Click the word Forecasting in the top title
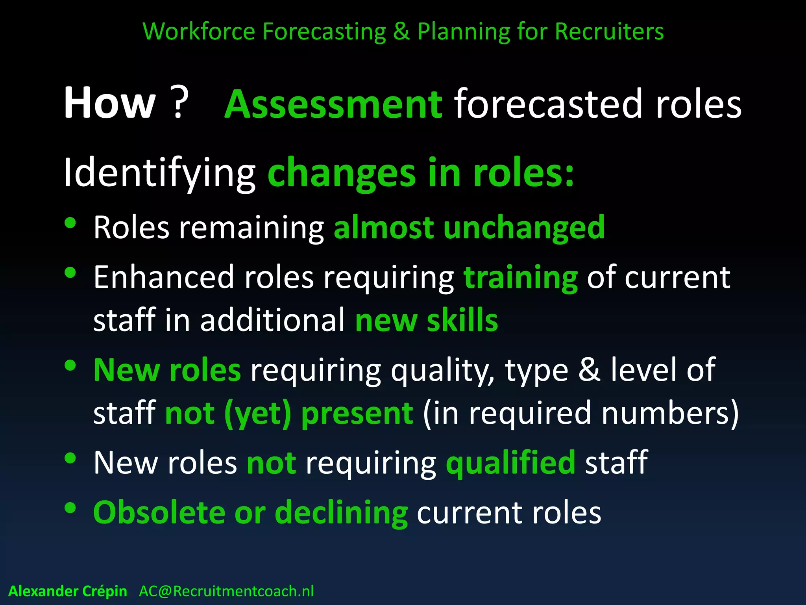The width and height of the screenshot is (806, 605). [324, 32]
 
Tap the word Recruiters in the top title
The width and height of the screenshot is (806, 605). [609, 32]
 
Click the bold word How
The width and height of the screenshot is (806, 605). [110, 103]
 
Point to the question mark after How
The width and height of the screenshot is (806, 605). [180, 103]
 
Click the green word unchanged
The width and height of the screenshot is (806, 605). [524, 228]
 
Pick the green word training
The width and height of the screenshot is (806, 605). [521, 278]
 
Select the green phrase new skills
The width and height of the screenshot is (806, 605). [427, 320]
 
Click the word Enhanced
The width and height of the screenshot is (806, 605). [164, 277]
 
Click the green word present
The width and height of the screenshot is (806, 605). [357, 414]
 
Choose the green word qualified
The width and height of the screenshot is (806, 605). [510, 462]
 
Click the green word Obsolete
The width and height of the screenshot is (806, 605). [159, 513]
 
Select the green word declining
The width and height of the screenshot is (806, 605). [341, 513]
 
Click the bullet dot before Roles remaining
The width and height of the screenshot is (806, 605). [70, 223]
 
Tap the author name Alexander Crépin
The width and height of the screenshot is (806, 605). [68, 591]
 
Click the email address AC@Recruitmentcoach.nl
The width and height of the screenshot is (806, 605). [226, 591]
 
